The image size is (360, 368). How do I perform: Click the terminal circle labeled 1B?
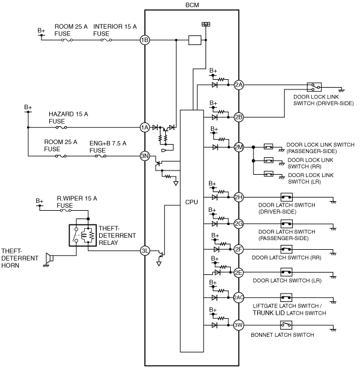tap(145, 40)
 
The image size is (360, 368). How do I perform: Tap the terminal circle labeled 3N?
tap(145, 156)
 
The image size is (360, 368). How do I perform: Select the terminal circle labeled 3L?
tap(145, 251)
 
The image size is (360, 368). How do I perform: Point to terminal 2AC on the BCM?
tap(239, 298)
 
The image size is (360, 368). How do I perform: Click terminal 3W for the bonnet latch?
tap(239, 325)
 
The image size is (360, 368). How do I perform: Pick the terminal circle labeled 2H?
tap(239, 197)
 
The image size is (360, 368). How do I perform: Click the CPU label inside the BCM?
tap(192, 202)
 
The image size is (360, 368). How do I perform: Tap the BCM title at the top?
tap(192, 5)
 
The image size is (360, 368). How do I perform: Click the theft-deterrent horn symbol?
tap(50, 258)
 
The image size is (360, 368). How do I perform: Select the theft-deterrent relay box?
tap(83, 235)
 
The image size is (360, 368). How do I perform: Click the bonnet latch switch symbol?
tap(286, 325)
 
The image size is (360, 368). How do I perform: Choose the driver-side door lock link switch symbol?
tap(314, 87)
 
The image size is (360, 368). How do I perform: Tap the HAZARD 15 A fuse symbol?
tap(61, 127)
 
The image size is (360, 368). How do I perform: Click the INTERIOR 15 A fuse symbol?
tap(106, 40)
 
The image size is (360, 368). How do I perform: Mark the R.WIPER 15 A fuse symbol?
tap(66, 211)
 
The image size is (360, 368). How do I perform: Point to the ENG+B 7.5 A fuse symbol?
tap(100, 156)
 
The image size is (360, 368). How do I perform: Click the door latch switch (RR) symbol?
tap(286, 249)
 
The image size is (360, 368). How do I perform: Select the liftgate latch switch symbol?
tap(286, 298)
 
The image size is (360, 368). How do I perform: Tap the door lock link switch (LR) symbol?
tap(269, 174)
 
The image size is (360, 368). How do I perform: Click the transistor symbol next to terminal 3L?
tap(160, 255)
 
